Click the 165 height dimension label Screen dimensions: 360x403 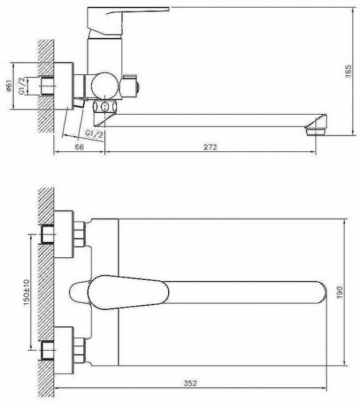click(x=348, y=71)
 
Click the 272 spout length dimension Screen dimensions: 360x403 click(x=210, y=147)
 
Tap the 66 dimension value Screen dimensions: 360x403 click(x=79, y=147)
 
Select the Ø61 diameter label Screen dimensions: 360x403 click(x=9, y=86)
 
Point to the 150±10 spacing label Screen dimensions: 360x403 click(x=26, y=292)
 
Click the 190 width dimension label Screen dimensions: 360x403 click(x=339, y=292)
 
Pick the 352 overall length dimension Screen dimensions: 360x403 click(x=190, y=383)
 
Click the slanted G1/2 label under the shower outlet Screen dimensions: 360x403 click(x=94, y=134)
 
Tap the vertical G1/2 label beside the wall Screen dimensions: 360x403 click(x=22, y=86)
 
